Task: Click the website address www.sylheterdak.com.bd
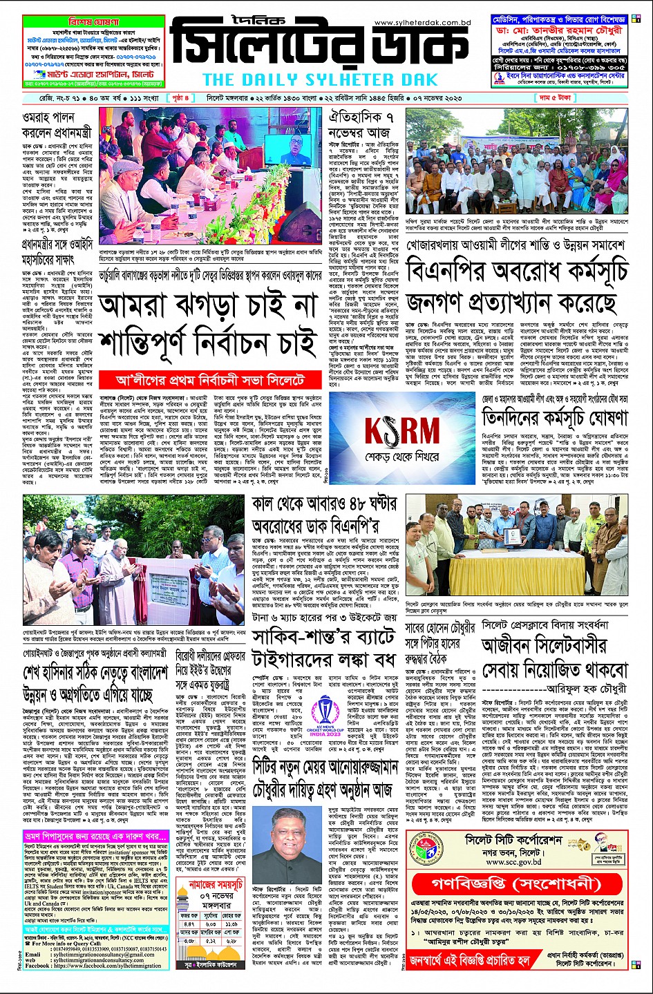pos(422,23)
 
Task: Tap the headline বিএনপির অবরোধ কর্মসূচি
pos(517,271)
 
